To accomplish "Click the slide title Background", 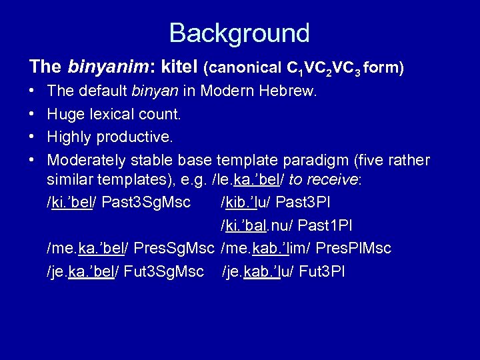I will [x=239, y=33].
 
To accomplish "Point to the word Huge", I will [x=65, y=115].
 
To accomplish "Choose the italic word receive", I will [x=333, y=180].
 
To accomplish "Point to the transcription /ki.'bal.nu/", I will [x=257, y=225].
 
